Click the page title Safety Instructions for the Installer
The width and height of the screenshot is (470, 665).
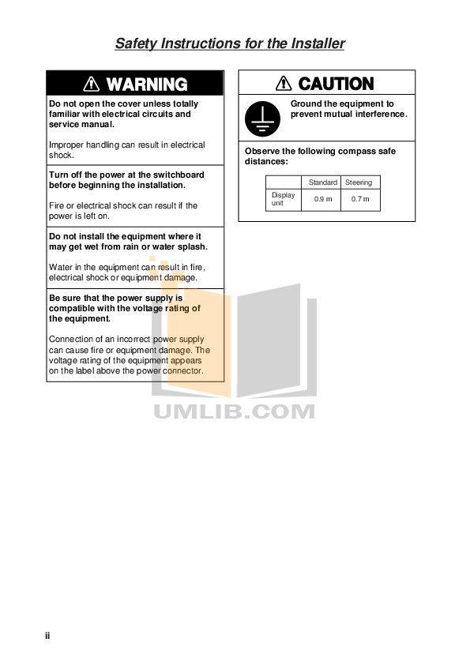click(230, 43)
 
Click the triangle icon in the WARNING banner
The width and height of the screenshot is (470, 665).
click(92, 84)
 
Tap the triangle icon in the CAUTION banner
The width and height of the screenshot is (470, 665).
click(284, 84)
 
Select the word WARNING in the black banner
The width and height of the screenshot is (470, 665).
click(146, 84)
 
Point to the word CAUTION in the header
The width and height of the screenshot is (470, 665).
click(336, 84)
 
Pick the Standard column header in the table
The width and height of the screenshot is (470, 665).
click(322, 182)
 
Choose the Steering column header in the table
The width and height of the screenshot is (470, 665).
click(360, 182)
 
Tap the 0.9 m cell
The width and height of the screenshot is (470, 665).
click(322, 199)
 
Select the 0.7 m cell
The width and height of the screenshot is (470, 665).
click(360, 199)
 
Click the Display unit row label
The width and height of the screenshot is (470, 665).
click(283, 199)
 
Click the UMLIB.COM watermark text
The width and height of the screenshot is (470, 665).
click(234, 411)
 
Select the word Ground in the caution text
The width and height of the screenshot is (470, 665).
click(306, 104)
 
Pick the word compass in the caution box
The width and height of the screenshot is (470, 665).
click(351, 151)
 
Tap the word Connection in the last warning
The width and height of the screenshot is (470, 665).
click(71, 340)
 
